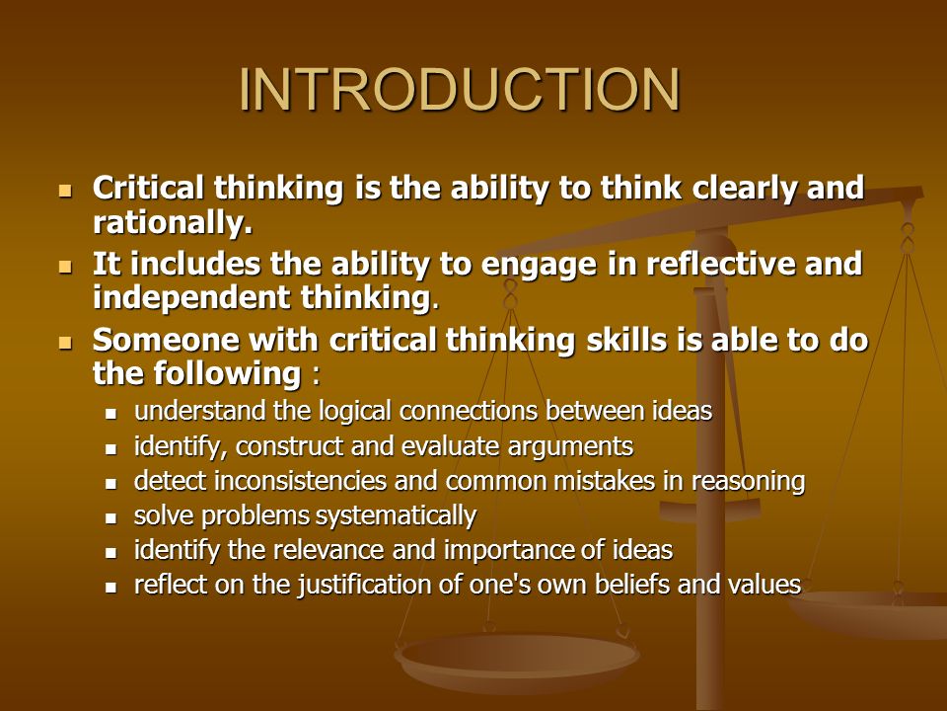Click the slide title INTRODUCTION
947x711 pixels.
point(461,90)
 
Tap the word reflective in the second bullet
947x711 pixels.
point(720,264)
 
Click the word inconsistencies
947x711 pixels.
point(300,481)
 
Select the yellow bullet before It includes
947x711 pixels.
point(65,267)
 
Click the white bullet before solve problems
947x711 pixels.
point(110,518)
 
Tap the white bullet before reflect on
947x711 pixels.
point(110,587)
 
